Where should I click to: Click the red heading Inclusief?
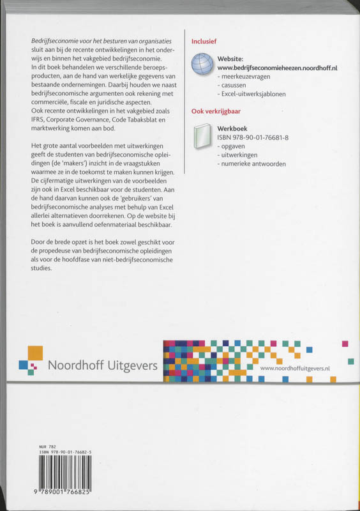[x=204, y=41]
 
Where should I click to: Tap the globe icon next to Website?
[x=204, y=65]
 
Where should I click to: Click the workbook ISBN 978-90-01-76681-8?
[x=254, y=137]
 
